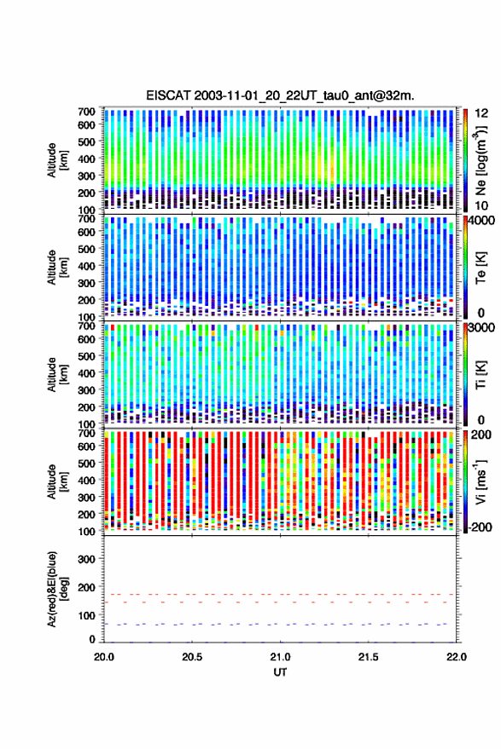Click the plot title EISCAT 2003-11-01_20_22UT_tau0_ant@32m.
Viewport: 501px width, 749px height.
[281, 95]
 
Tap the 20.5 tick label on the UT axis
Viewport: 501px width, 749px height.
[192, 657]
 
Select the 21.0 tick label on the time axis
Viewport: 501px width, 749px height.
[281, 657]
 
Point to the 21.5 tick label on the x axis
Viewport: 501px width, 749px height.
[368, 657]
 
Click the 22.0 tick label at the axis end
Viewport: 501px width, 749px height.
[456, 657]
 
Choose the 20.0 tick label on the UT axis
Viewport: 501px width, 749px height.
[104, 657]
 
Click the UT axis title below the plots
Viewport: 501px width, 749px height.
[281, 672]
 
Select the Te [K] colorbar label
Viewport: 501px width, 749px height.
[481, 268]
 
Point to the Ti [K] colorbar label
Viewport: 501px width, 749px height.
[481, 375]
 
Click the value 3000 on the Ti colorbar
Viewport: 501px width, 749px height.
[482, 328]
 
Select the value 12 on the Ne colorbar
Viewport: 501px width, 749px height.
[482, 113]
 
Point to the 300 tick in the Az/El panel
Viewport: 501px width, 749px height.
[86, 559]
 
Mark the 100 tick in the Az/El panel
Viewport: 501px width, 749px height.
[86, 615]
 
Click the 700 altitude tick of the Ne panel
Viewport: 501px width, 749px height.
[86, 112]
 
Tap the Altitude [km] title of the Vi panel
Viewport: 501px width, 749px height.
[57, 481]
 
